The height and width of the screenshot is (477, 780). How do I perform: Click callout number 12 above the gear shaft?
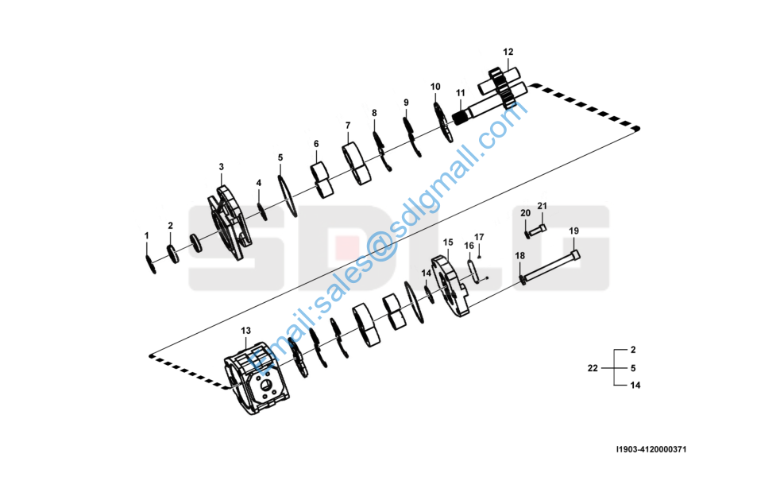[x=508, y=52]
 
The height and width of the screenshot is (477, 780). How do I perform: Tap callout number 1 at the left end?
[x=146, y=235]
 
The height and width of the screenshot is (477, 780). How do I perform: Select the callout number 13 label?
[x=245, y=331]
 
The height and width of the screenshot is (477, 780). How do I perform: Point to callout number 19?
[x=573, y=231]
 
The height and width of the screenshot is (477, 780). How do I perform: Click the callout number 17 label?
[x=478, y=237]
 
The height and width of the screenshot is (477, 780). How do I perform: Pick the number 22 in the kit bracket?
[x=593, y=368]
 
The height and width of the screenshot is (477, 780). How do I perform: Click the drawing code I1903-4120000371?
[x=651, y=450]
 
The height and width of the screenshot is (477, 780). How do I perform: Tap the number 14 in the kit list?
[x=635, y=386]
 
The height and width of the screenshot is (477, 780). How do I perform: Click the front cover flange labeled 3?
[x=230, y=222]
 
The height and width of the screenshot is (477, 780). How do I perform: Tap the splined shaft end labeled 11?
[x=461, y=118]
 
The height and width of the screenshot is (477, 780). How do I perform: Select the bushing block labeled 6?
[x=322, y=180]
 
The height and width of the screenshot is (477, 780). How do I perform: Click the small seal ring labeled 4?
[x=262, y=211]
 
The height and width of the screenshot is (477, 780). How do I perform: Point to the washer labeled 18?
[x=522, y=280]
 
